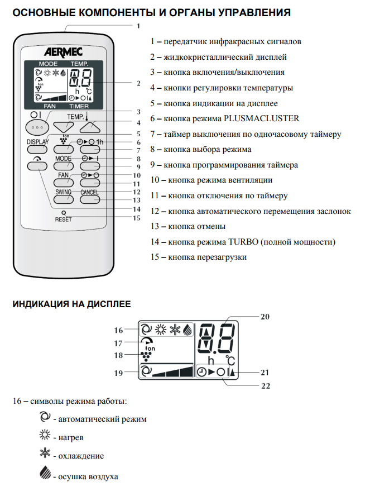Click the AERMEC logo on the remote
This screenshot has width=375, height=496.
point(63,52)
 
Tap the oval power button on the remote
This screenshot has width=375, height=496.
point(37,127)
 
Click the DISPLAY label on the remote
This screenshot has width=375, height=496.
point(37,142)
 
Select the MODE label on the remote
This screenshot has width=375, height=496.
point(63,158)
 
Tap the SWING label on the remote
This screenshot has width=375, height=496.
point(63,192)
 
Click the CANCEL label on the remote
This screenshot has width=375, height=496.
point(89,192)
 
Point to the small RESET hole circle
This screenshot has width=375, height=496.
point(64,213)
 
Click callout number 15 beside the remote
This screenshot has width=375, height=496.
point(137,218)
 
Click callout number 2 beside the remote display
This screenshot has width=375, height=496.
point(138,83)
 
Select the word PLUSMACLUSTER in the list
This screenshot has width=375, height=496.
point(261,118)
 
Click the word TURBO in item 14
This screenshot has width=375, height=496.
point(243,242)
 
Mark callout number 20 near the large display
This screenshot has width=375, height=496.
point(265,317)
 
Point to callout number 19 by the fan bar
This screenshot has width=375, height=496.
point(118,373)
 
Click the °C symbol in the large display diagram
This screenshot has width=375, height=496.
point(230,361)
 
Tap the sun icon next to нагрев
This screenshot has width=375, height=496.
point(45,435)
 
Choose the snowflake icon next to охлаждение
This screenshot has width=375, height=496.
point(45,453)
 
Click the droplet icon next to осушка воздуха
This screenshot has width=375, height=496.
point(45,473)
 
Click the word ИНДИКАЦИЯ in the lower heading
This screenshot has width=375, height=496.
point(40,304)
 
